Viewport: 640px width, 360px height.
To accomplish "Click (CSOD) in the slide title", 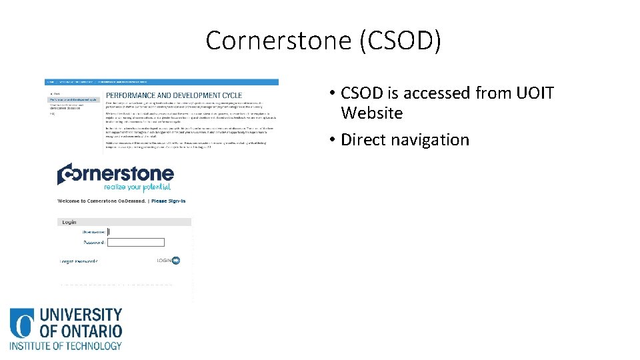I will click(x=399, y=41).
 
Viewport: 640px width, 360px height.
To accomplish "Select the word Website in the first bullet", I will click(x=371, y=113).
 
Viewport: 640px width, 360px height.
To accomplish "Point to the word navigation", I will click(x=433, y=140).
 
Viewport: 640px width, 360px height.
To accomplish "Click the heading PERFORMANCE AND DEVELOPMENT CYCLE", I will click(x=174, y=95).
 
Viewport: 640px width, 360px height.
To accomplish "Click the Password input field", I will click(x=135, y=242).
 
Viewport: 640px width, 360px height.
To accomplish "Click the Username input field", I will click(x=135, y=232).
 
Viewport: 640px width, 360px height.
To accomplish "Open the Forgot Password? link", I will click(x=79, y=261).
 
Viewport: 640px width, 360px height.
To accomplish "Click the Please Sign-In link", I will click(x=168, y=201).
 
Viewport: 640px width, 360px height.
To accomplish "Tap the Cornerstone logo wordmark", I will click(x=115, y=174).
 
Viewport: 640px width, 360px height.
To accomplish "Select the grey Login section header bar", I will click(x=124, y=222).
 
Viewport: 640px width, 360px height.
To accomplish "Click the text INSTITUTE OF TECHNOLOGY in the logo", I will click(x=65, y=345).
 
